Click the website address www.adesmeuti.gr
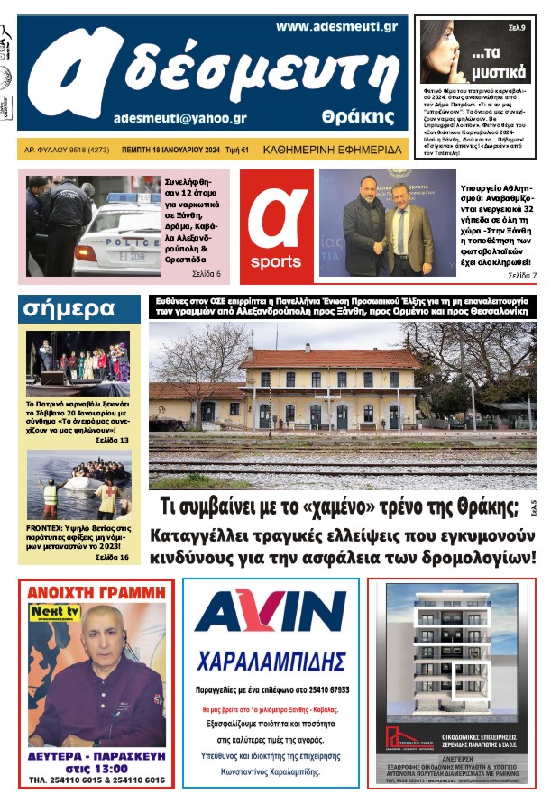pos(336,27)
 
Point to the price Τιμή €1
pos(236,150)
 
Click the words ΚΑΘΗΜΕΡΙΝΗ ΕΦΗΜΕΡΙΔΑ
pos(335,150)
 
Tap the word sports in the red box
pos(276,261)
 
